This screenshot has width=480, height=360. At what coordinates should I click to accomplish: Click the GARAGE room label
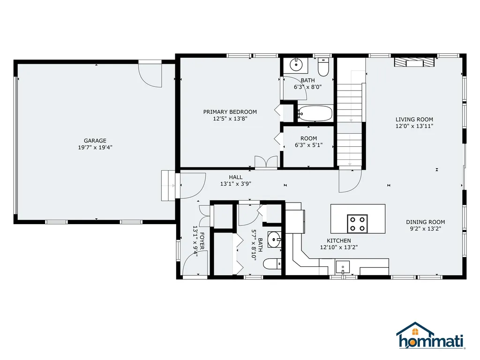(x=95, y=141)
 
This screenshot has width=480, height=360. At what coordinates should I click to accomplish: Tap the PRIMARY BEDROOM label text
(x=230, y=112)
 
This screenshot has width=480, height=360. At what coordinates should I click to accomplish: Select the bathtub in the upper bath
(x=315, y=113)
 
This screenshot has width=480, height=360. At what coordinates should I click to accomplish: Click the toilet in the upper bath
(x=323, y=67)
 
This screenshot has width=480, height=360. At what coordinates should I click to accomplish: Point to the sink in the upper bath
(x=296, y=65)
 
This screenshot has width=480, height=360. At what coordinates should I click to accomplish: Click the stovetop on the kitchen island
(x=357, y=224)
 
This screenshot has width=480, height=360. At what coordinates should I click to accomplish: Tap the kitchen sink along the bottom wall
(x=343, y=267)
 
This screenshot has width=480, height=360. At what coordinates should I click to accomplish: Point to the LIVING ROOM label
(x=414, y=120)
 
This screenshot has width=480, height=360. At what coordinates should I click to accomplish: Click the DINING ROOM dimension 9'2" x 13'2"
(x=426, y=229)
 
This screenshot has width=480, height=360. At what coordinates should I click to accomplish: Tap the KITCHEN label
(x=339, y=241)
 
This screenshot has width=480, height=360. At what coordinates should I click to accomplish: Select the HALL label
(x=236, y=177)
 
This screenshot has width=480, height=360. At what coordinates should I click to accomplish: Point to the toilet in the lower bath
(x=272, y=264)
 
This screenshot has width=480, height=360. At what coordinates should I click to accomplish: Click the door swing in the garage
(x=150, y=75)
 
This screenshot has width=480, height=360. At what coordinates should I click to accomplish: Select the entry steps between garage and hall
(x=168, y=186)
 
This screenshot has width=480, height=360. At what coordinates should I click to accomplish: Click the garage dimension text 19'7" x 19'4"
(x=95, y=148)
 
